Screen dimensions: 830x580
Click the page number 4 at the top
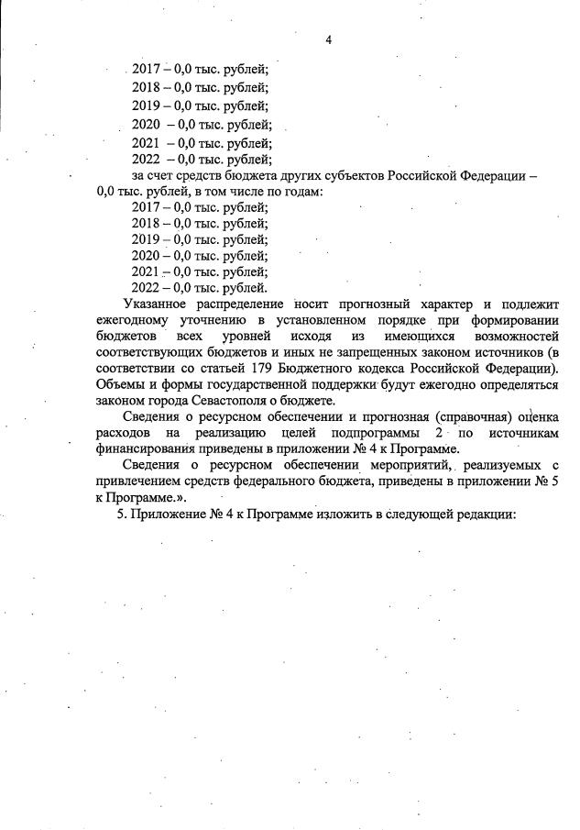pyautogui.click(x=327, y=39)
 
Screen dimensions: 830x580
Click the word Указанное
pyautogui.click(x=152, y=304)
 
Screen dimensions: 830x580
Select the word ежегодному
pyautogui.click(x=135, y=320)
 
